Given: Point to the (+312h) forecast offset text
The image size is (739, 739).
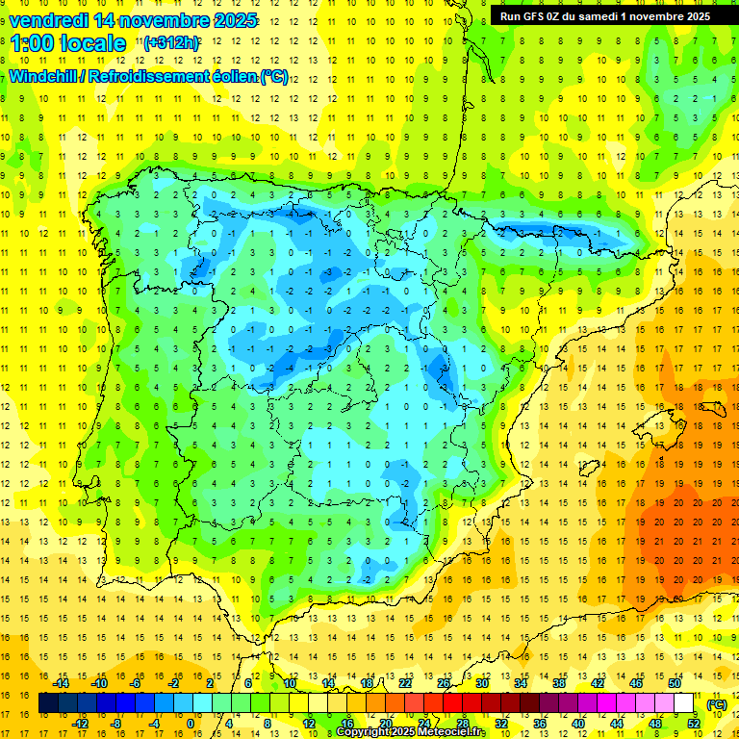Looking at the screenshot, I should [x=171, y=43].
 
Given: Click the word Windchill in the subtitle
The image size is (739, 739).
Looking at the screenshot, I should [x=44, y=76].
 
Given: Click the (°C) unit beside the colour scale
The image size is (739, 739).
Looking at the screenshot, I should [x=716, y=703].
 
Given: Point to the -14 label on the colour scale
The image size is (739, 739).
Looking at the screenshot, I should [x=61, y=683].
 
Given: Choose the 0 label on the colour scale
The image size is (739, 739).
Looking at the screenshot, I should [x=191, y=724].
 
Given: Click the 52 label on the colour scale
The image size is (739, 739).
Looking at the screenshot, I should [x=693, y=724].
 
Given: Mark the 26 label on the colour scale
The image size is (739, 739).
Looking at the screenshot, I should [x=443, y=683].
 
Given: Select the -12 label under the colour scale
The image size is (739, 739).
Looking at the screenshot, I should [x=80, y=724].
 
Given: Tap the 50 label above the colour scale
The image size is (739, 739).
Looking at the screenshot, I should [x=674, y=683].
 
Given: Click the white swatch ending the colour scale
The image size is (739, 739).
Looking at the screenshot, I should [x=683, y=703].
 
